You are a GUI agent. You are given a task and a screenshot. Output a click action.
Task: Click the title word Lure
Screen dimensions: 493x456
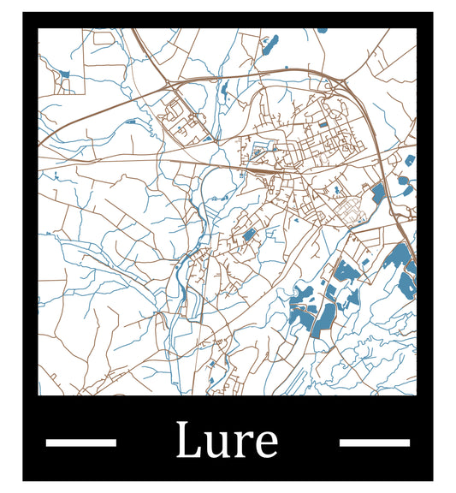(227, 442)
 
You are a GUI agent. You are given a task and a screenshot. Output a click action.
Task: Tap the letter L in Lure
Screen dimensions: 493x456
(188, 441)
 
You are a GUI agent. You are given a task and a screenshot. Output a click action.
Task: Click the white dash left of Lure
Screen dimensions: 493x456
(80, 443)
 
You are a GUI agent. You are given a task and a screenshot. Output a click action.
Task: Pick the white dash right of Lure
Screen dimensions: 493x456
(374, 443)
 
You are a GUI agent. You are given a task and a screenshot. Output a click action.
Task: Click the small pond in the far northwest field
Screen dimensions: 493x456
(65, 74)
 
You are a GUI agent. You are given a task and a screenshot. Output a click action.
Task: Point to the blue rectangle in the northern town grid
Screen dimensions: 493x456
(323, 124)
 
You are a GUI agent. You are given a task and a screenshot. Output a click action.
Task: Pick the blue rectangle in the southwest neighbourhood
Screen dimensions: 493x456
(249, 234)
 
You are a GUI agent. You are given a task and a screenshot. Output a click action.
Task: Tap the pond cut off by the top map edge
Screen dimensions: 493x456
(322, 30)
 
